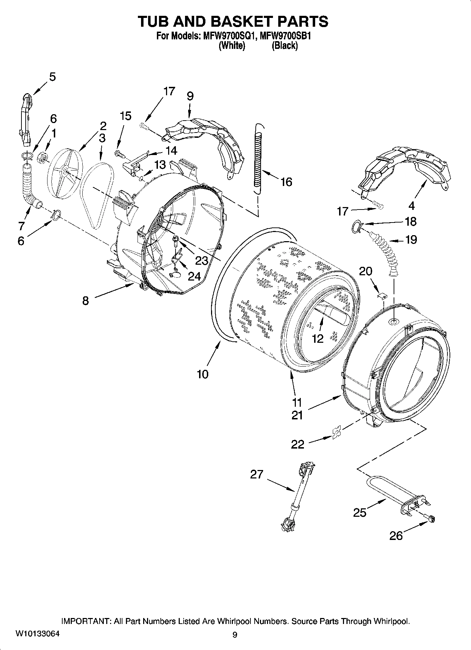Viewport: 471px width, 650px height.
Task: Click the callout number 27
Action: (x=256, y=474)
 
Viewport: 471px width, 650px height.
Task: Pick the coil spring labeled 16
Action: (x=259, y=158)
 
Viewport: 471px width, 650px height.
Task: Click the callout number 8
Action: (x=85, y=301)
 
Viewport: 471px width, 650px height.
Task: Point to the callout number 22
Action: (x=298, y=444)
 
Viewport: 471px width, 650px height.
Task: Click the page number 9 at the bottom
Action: (x=235, y=635)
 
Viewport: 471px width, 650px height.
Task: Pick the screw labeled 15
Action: (x=119, y=153)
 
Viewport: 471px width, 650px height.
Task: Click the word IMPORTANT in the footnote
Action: (x=87, y=621)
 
